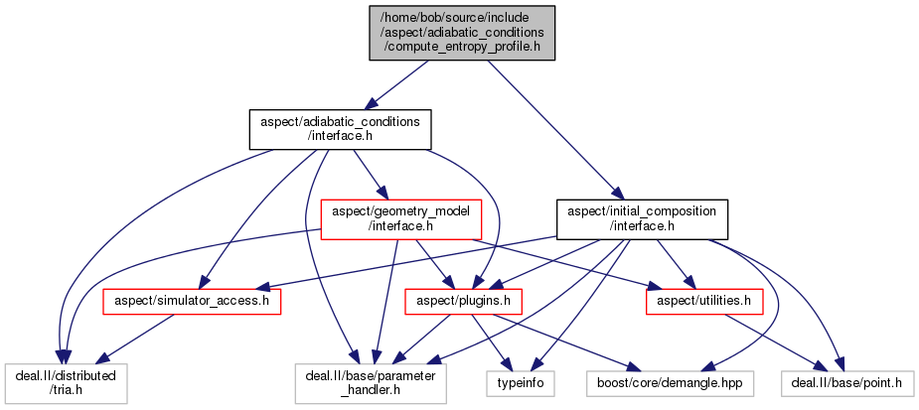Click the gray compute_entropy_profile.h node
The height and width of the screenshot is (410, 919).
coord(462,32)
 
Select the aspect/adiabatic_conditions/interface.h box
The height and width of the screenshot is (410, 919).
coord(339,129)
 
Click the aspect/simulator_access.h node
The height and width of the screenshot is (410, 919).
coord(192,299)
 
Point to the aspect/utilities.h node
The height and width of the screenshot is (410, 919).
coord(704,299)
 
